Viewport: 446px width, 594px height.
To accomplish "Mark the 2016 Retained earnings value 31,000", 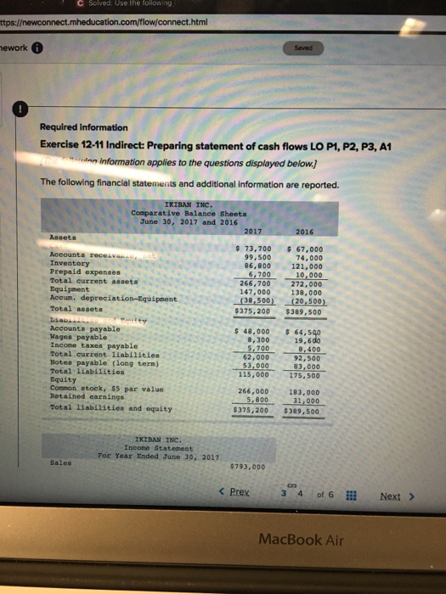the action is pyautogui.click(x=306, y=401).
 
